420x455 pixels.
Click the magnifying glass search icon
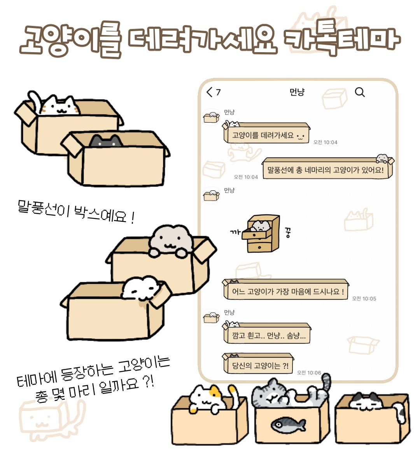tap(360, 92)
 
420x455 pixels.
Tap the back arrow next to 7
tap(210, 92)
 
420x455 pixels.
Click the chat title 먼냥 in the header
tap(297, 92)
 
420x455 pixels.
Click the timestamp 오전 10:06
tap(309, 372)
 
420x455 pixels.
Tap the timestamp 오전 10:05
tap(364, 299)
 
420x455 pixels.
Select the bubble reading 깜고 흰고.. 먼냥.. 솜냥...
tap(268, 335)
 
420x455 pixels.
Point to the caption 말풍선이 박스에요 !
tap(76, 212)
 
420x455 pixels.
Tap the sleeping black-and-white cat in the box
tap(366, 402)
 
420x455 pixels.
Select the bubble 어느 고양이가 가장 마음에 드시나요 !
tap(286, 291)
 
